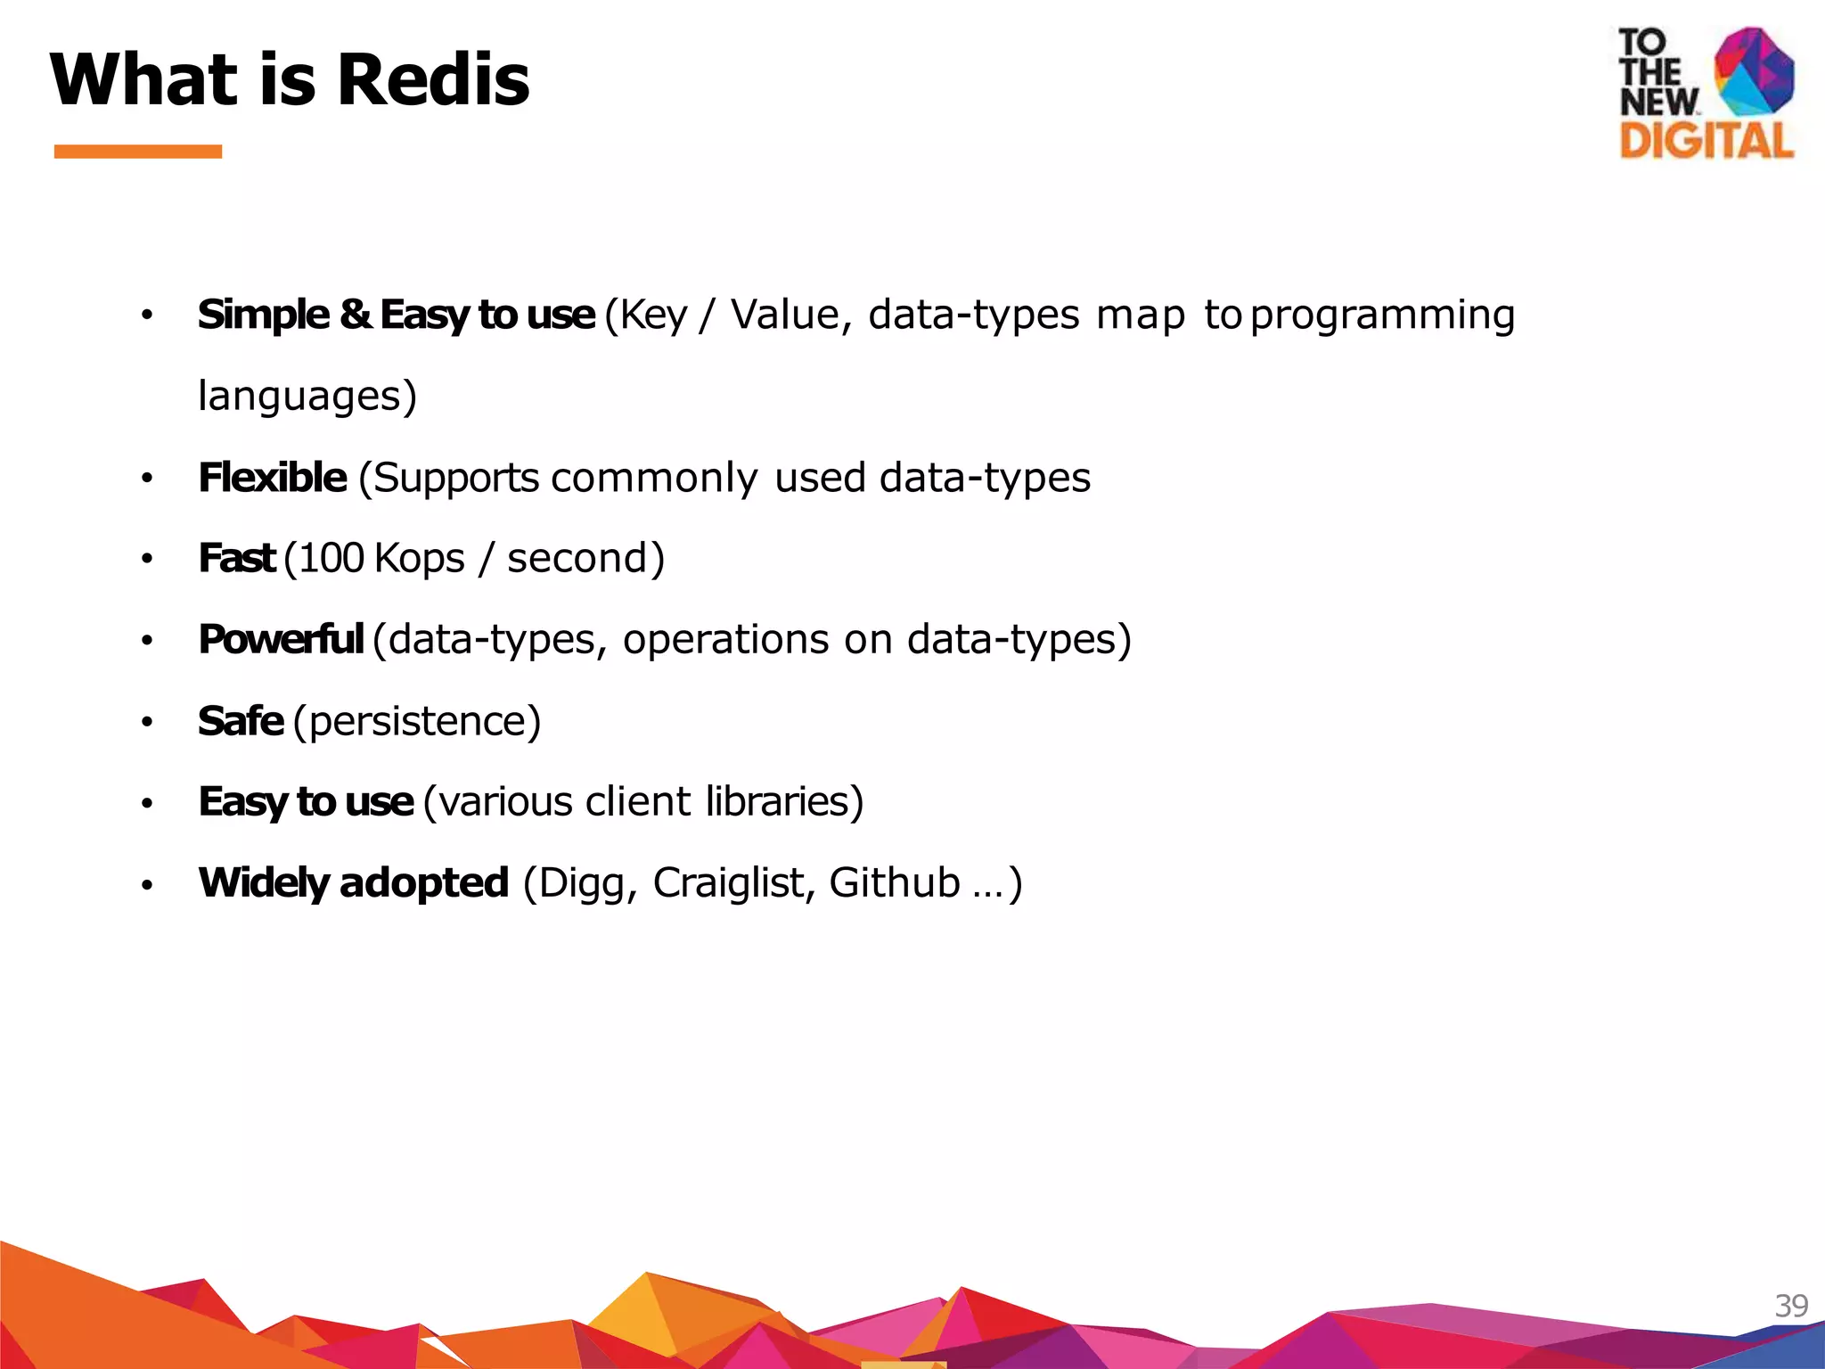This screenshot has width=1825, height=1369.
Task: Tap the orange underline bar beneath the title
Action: (137, 152)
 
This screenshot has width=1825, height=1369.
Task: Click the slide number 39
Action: (1791, 1306)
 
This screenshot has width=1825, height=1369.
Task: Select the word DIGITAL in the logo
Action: (1706, 142)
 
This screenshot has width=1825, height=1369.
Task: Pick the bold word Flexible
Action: (272, 478)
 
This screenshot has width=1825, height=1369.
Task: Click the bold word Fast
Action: (236, 559)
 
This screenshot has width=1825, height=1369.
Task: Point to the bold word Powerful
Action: (281, 640)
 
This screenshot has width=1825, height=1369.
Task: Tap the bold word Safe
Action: (241, 721)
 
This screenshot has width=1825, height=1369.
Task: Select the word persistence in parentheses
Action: (416, 721)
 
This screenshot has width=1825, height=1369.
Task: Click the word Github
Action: (894, 883)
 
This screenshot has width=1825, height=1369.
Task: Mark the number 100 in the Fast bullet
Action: (331, 559)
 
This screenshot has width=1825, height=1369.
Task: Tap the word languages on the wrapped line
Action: (299, 397)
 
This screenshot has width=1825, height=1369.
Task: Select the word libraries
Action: (778, 802)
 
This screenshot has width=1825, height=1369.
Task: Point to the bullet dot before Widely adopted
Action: (147, 885)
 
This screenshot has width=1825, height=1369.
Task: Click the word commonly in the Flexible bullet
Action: (654, 479)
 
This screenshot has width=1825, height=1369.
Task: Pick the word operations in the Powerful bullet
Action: (725, 640)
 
